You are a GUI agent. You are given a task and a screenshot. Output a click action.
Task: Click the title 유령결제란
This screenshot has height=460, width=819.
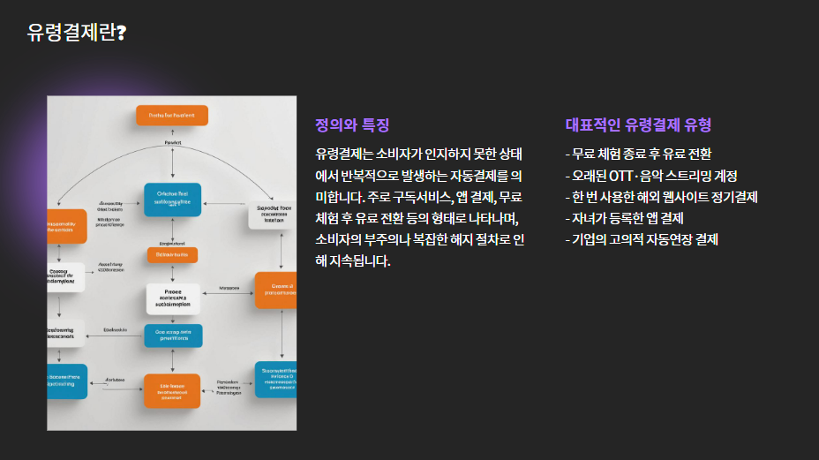click(71, 33)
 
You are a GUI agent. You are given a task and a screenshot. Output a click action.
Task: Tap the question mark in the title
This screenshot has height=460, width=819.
click(121, 33)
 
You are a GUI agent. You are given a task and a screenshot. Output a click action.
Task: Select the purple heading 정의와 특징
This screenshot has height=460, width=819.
click(352, 125)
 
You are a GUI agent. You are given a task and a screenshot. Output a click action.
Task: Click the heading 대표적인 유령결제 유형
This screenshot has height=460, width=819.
click(638, 125)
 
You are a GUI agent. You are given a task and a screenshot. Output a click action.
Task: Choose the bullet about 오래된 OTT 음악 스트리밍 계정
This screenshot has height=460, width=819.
click(651, 176)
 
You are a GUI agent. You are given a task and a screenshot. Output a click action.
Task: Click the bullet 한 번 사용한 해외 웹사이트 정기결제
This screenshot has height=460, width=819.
click(661, 197)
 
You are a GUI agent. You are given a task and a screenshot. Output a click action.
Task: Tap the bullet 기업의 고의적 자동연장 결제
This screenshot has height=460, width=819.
click(642, 239)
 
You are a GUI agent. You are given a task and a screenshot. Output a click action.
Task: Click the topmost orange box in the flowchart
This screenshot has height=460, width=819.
click(172, 115)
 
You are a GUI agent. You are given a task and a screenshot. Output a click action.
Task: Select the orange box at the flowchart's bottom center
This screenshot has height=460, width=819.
click(172, 391)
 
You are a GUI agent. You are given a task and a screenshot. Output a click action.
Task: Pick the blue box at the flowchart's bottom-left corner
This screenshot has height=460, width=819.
click(67, 381)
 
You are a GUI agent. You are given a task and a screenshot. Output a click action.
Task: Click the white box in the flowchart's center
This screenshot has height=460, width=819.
click(172, 298)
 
